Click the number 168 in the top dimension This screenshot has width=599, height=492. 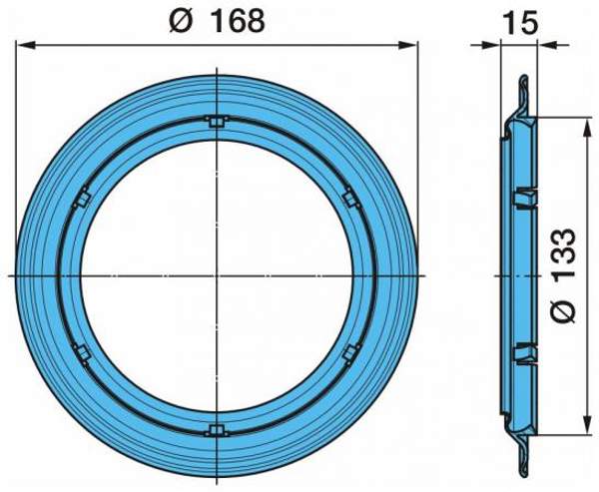238,21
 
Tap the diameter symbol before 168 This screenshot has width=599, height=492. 181,21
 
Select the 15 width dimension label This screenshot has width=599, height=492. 520,23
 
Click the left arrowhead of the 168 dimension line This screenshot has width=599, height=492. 24,45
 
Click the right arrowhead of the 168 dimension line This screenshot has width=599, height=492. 409,45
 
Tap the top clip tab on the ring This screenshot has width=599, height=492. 217,122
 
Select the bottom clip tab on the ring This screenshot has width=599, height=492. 217,431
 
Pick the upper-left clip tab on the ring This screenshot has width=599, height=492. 82,199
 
